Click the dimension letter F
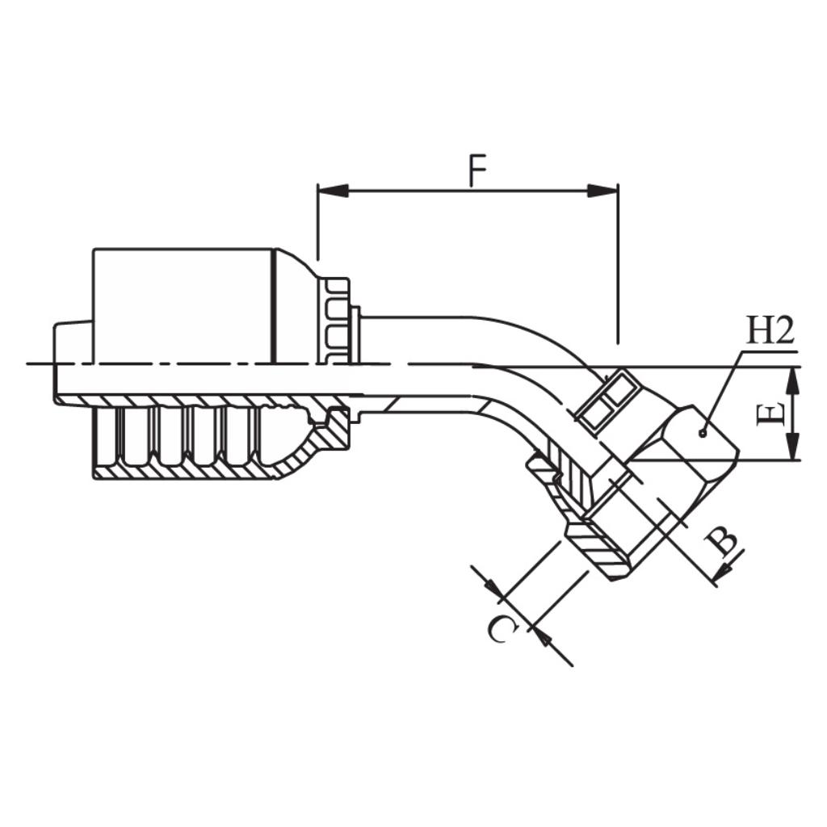[477, 171]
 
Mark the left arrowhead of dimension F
[333, 191]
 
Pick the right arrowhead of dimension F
[602, 191]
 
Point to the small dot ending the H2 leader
[702, 434]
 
